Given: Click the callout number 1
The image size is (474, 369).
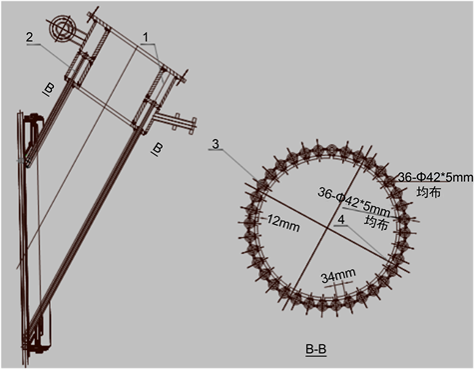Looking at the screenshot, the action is (x=145, y=38).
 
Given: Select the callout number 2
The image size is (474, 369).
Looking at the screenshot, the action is (x=30, y=37).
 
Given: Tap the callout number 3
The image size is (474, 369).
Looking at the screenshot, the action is (x=216, y=144).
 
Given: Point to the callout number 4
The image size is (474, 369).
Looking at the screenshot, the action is (x=341, y=219).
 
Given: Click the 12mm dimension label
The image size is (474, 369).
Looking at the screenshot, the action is (x=283, y=224).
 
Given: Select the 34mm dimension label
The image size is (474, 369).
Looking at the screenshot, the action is (x=338, y=275).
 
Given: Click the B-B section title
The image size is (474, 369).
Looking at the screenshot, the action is (x=316, y=349).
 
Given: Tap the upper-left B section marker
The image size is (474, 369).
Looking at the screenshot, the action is (x=49, y=89).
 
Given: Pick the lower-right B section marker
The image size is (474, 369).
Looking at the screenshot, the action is (x=157, y=149).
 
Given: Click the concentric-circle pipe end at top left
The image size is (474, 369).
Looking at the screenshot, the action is (x=62, y=28).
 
